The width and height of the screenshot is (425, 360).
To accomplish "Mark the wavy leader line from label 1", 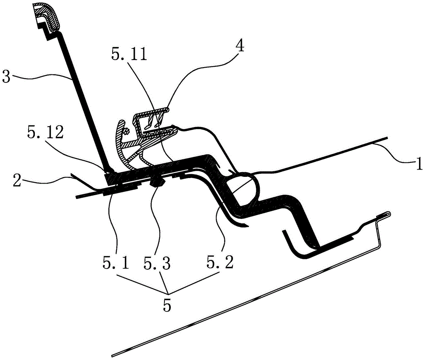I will pyautogui.click(x=397, y=153).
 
